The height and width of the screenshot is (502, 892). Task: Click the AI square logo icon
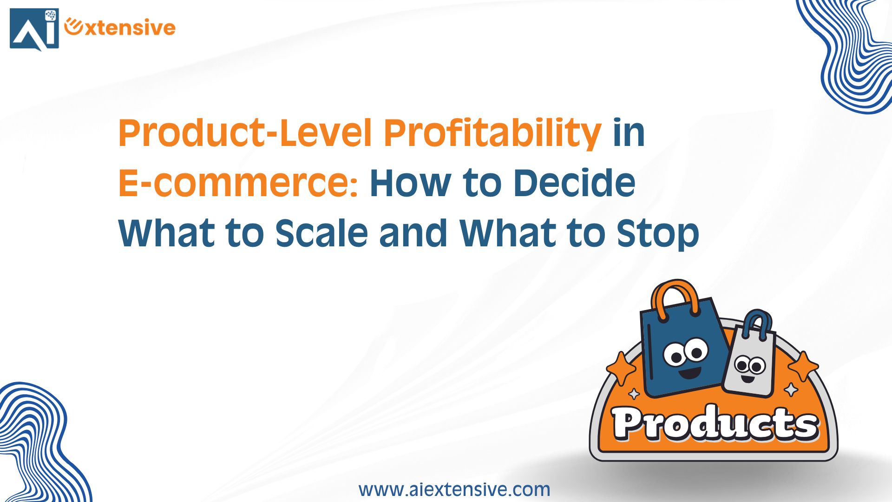(x=34, y=29)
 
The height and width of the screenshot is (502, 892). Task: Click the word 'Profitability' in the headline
(x=492, y=133)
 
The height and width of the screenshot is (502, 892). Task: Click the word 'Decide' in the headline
(x=575, y=183)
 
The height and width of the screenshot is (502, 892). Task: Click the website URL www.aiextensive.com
(x=454, y=489)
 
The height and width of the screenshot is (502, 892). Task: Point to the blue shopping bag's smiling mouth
(x=689, y=372)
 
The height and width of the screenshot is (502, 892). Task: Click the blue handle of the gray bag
(x=757, y=321)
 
